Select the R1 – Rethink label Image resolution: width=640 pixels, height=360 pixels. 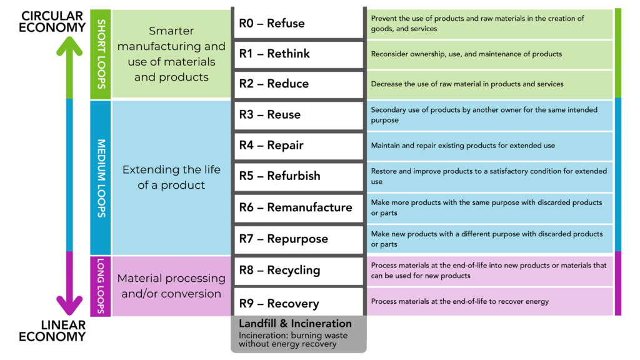(274, 54)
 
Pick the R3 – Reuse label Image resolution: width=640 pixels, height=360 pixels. (270, 115)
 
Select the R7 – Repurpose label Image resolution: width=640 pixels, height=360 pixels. (284, 239)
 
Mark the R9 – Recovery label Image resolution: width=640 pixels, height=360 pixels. (279, 304)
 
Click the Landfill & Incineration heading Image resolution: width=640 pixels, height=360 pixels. (295, 324)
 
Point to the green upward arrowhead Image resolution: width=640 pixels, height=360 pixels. (69, 45)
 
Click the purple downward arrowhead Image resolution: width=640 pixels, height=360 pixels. (69, 305)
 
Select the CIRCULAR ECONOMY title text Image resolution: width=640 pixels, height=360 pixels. (52, 21)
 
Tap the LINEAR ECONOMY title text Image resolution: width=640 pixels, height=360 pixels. (52, 331)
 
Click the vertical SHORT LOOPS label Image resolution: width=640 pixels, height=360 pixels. (101, 54)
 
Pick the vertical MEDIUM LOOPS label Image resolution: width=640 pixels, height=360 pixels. (101, 177)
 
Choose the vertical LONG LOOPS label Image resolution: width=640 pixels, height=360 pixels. (101, 286)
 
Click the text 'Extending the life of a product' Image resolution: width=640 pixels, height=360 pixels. (171, 177)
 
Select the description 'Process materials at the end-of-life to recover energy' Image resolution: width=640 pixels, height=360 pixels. (459, 301)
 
